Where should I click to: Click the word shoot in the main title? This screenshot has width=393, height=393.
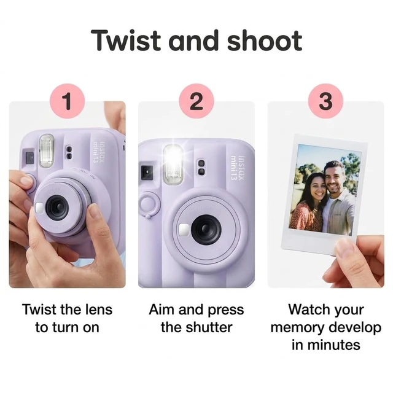tap(265, 41)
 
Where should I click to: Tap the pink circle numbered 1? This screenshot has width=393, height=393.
tap(68, 101)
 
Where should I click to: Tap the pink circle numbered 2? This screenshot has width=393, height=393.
tap(196, 101)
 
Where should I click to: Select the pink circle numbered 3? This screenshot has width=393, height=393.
tap(325, 101)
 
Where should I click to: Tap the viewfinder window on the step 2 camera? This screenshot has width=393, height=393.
tap(147, 172)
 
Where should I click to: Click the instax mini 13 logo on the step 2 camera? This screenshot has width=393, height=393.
tap(238, 168)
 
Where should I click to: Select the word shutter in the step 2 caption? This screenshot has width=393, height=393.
tap(211, 327)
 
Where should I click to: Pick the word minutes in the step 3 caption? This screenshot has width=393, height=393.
tap(333, 345)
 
